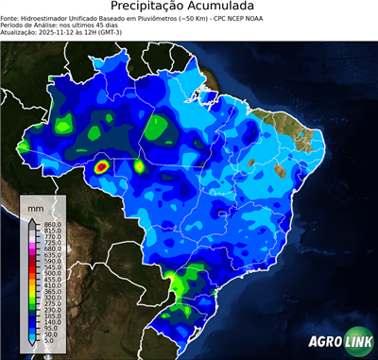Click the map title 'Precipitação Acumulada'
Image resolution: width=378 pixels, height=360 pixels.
(189, 7)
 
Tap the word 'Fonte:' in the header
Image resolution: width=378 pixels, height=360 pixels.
(11, 18)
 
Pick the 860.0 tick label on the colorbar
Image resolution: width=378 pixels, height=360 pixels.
(52, 223)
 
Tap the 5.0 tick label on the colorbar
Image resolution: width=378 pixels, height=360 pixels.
(49, 343)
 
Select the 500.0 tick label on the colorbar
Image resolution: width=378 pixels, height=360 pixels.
(52, 273)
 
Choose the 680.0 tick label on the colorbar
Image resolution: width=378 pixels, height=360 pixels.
(52, 248)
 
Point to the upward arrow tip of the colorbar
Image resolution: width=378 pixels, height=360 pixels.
(32, 219)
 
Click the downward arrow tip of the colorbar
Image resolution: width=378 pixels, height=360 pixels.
(32, 347)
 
